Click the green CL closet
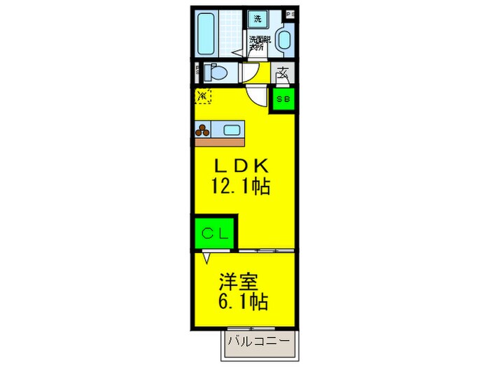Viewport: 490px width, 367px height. [215, 233]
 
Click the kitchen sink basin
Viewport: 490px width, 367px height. [232, 129]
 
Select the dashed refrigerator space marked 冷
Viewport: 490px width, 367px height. [203, 96]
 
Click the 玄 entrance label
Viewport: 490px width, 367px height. [283, 72]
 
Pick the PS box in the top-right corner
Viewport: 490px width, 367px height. [290, 14]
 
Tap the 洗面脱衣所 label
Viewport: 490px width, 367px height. [258, 43]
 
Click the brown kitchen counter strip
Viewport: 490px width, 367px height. [220, 141]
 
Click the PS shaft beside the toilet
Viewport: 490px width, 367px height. [197, 71]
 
